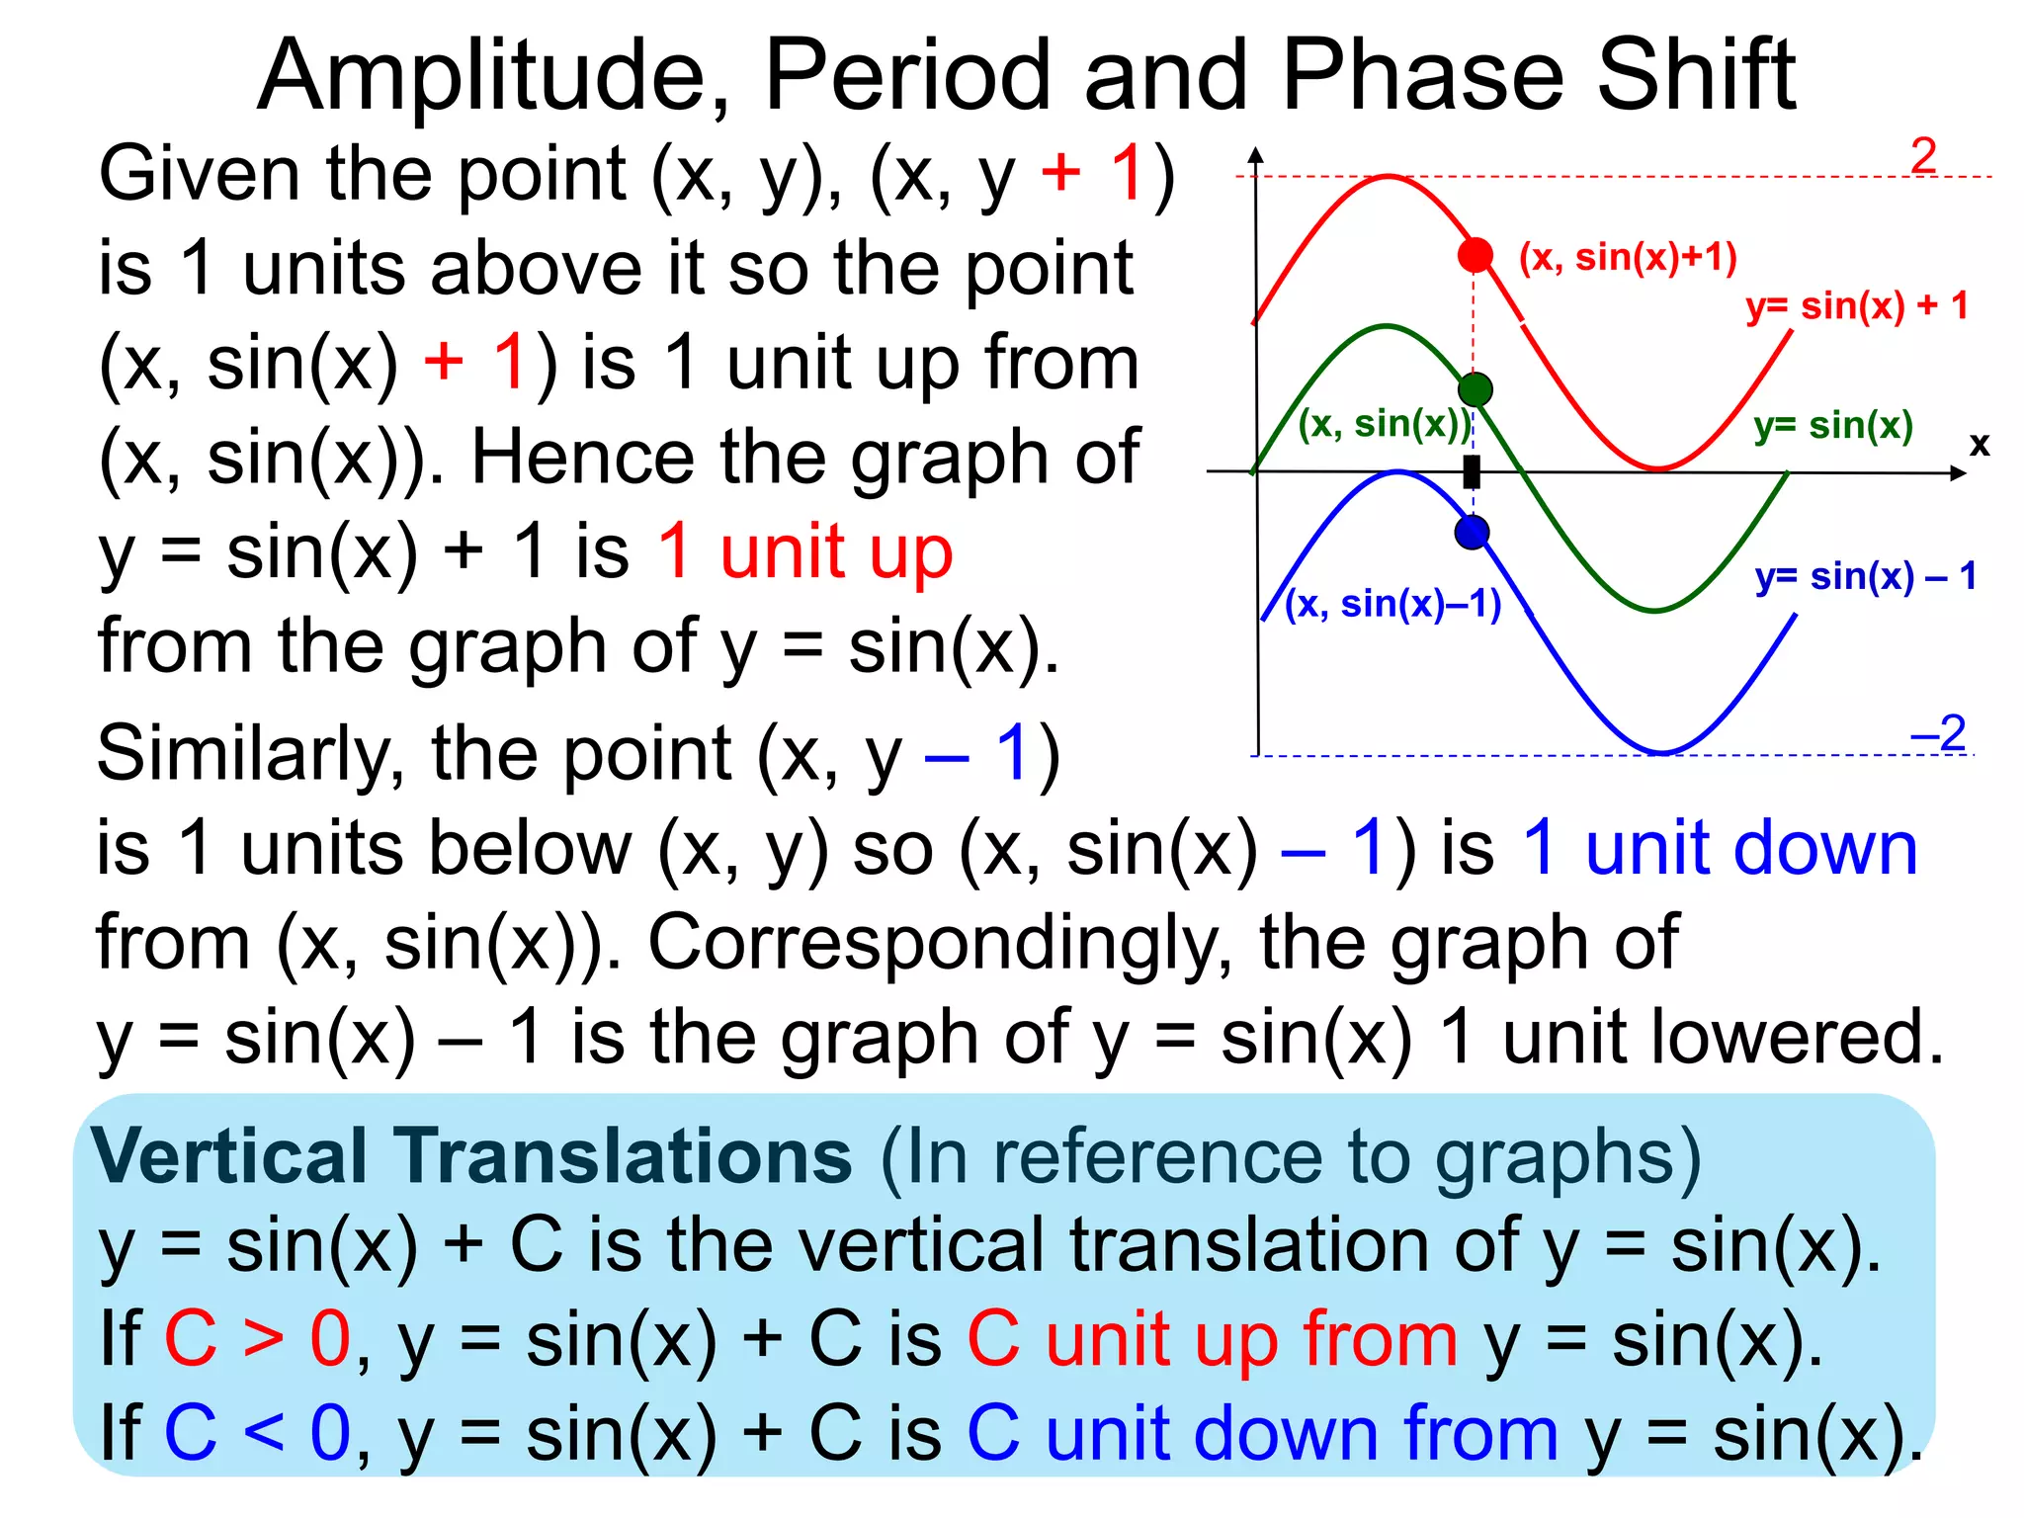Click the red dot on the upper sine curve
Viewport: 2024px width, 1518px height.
click(1475, 255)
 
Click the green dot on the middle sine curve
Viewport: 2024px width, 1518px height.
click(1475, 389)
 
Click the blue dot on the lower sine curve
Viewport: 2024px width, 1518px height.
click(1473, 534)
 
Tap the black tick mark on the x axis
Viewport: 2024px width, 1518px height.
click(1472, 472)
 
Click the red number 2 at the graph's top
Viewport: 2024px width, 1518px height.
click(1923, 156)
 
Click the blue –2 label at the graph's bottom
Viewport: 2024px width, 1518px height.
click(1938, 733)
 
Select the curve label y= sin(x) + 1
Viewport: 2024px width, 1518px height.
click(1857, 306)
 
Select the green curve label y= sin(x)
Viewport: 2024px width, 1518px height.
click(1833, 426)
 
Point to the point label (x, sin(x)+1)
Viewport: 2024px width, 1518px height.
click(1628, 257)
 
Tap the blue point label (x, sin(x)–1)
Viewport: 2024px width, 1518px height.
click(1392, 604)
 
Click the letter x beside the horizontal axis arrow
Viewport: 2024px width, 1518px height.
click(1979, 445)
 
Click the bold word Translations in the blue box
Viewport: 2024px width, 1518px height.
click(624, 1156)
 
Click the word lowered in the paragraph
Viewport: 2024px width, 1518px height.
click(1723, 1038)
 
